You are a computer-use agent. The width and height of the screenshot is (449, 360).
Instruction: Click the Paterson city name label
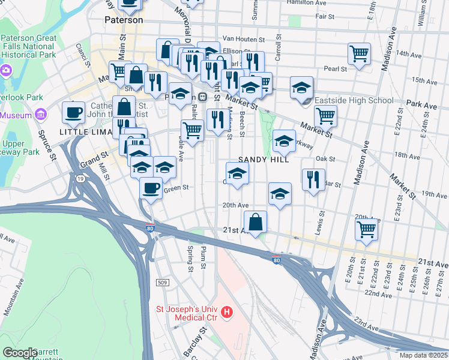tap(124, 20)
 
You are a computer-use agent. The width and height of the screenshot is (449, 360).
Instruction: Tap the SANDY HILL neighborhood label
tap(264, 160)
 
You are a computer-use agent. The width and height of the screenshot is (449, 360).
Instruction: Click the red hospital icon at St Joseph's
tap(227, 312)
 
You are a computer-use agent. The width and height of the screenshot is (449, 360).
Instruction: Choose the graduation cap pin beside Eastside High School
tap(301, 88)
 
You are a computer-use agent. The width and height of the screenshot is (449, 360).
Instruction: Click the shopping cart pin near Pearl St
tap(359, 53)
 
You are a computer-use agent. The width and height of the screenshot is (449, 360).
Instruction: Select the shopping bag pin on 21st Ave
tap(256, 221)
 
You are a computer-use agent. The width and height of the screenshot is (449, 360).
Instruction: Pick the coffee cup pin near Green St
tap(151, 187)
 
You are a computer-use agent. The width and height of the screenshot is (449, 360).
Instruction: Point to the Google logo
tap(20, 353)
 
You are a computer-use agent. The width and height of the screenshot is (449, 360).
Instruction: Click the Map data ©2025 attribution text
tap(424, 355)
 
